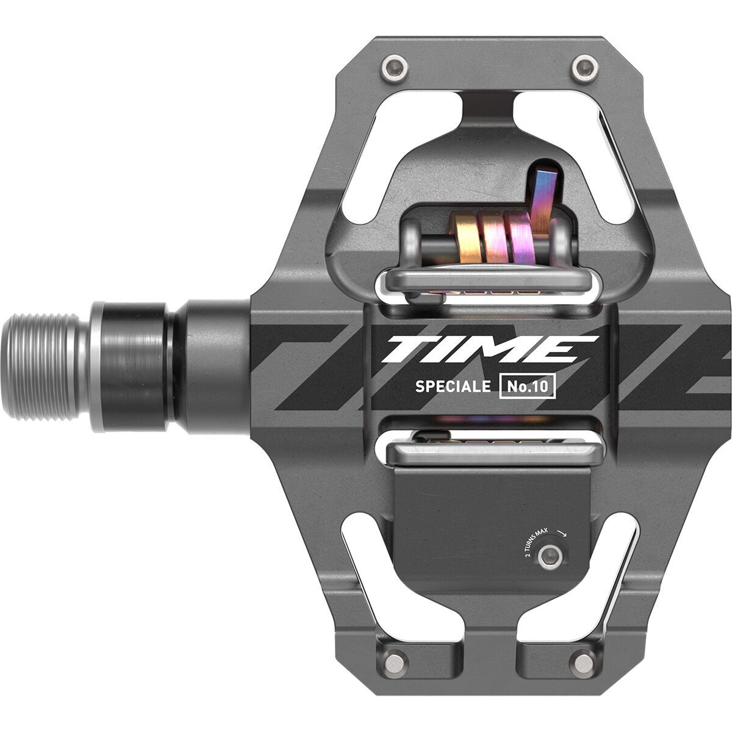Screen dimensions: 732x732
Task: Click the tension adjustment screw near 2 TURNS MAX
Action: pos(551,554)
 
